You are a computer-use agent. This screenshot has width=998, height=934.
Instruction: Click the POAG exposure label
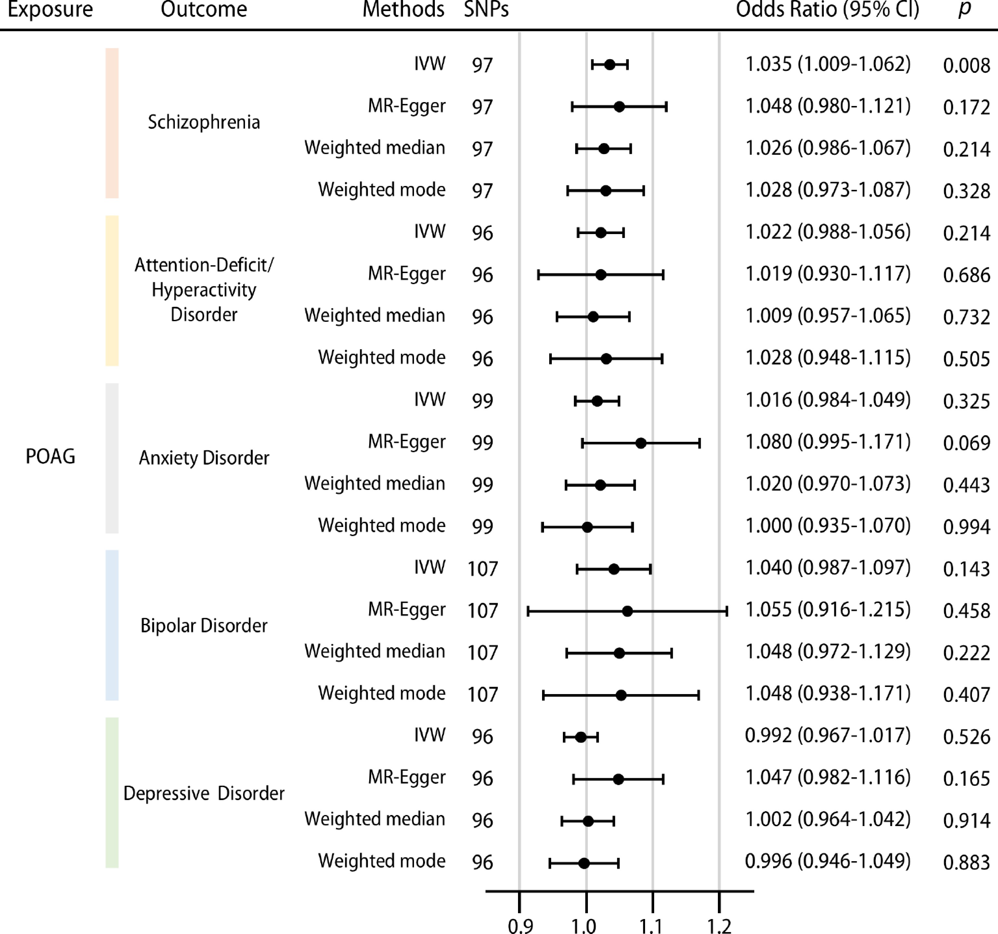pos(50,456)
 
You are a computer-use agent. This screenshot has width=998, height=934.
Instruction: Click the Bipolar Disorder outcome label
pos(204,626)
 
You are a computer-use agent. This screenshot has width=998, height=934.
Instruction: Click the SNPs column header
pos(486,9)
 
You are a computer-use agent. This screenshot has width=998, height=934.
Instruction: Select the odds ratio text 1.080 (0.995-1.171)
pos(828,442)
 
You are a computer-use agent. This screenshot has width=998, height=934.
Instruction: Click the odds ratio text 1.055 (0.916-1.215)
pos(828,610)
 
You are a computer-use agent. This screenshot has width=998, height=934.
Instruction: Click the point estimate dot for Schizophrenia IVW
pos(609,65)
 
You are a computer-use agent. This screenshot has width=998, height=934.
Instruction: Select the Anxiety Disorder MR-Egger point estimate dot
pos(641,443)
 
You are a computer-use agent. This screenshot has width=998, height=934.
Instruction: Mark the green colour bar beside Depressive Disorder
pos(112,792)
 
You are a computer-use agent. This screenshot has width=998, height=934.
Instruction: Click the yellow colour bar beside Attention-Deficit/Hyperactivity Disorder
pos(112,291)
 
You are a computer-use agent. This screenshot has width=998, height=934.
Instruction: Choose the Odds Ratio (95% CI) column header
pos(827,9)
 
